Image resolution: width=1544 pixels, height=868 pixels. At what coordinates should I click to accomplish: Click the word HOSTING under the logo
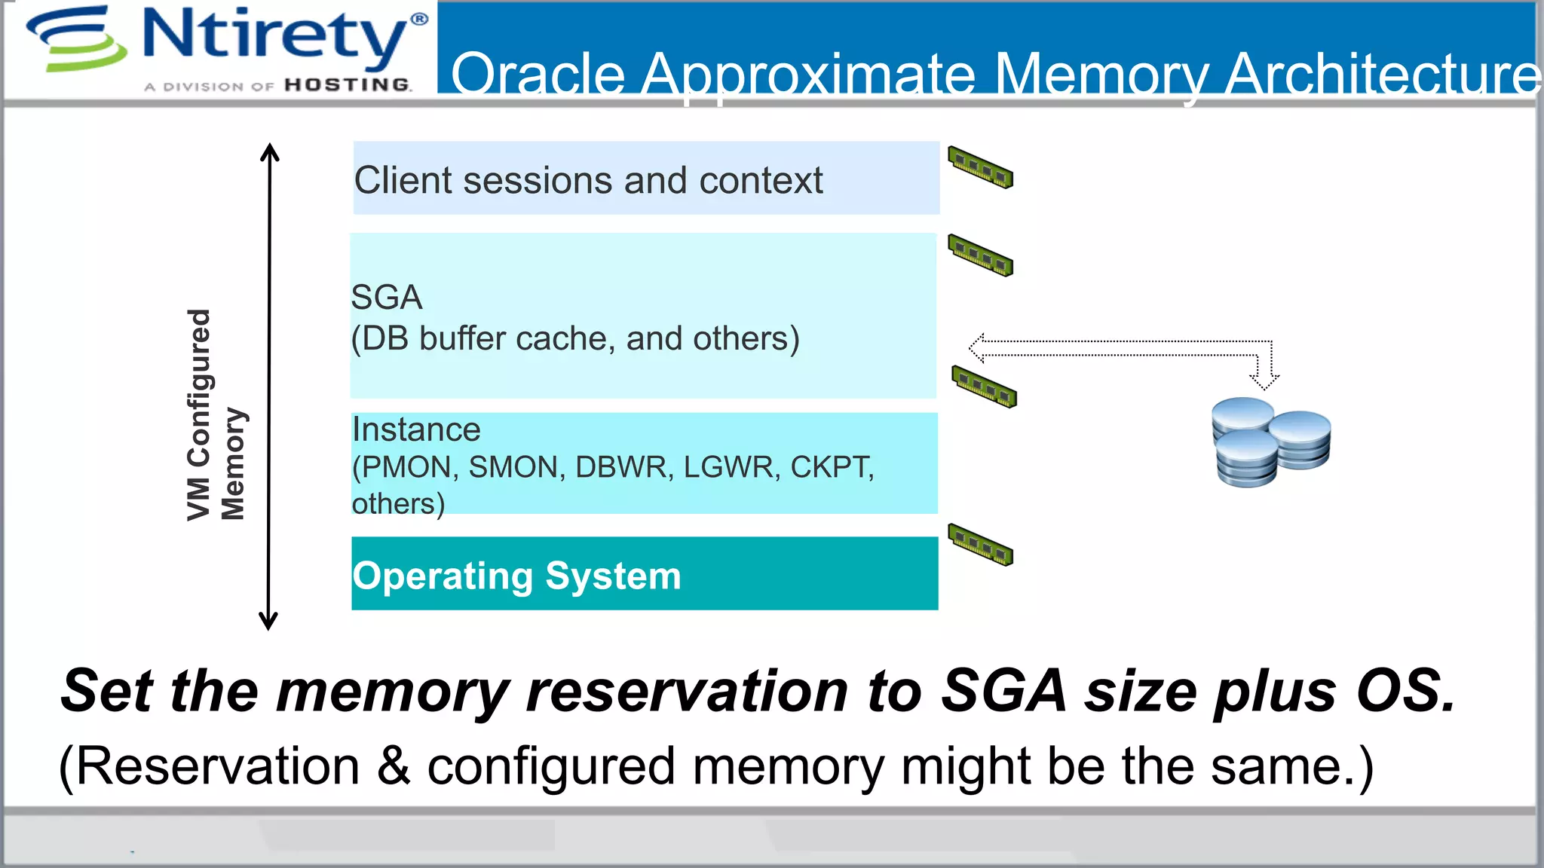[348, 85]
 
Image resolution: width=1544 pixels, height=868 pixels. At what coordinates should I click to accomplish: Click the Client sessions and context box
[645, 179]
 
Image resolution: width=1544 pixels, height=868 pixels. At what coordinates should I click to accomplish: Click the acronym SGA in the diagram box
[387, 298]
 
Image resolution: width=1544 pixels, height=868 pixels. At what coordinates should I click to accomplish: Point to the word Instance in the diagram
[416, 430]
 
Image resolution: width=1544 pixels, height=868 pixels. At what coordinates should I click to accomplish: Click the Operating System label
[517, 576]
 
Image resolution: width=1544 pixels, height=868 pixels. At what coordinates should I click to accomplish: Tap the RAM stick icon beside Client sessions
[980, 167]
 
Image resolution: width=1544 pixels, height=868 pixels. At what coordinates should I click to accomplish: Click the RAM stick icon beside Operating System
[980, 544]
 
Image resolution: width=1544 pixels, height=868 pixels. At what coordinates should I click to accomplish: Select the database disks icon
[1270, 442]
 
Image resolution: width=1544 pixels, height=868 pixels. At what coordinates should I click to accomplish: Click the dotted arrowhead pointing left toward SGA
[977, 348]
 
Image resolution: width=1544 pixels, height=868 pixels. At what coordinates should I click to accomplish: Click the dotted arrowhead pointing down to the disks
[1264, 381]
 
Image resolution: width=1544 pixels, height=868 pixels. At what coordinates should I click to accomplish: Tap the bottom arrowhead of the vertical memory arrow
[268, 622]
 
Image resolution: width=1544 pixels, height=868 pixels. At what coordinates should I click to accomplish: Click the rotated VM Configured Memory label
[216, 415]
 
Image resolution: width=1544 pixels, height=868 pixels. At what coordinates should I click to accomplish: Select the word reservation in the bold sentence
[687, 691]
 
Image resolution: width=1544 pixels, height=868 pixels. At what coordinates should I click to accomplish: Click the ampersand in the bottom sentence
[393, 766]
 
